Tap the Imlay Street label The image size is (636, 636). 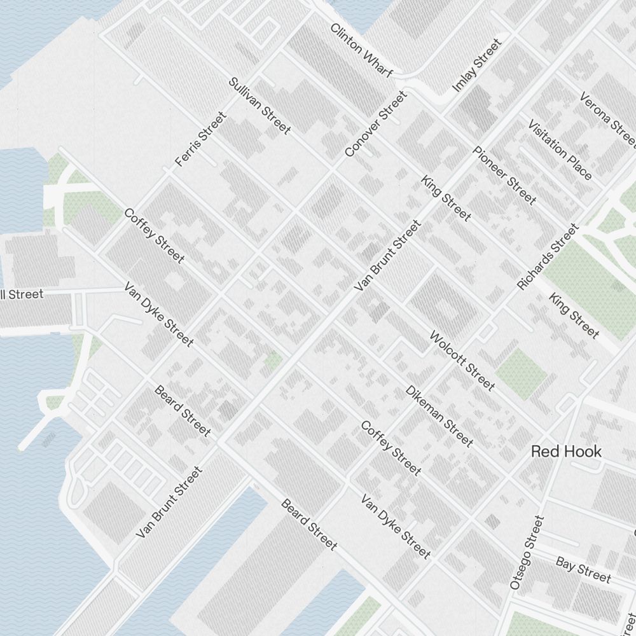[x=476, y=65]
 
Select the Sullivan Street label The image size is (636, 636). [x=259, y=106]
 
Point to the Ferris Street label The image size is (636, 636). [x=201, y=139]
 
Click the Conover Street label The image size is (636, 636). [x=375, y=124]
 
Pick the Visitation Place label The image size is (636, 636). [x=560, y=149]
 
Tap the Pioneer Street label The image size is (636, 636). [x=504, y=176]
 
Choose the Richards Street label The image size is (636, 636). [x=548, y=256]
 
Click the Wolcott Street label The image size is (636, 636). [x=462, y=360]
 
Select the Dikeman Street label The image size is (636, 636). [x=439, y=415]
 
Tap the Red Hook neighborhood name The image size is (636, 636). [x=566, y=452]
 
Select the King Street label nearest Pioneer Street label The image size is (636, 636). [x=446, y=198]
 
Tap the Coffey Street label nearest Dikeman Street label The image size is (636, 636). [x=391, y=448]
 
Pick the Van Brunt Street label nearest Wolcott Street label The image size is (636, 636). [x=388, y=256]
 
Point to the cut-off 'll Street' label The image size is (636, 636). [x=22, y=294]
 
